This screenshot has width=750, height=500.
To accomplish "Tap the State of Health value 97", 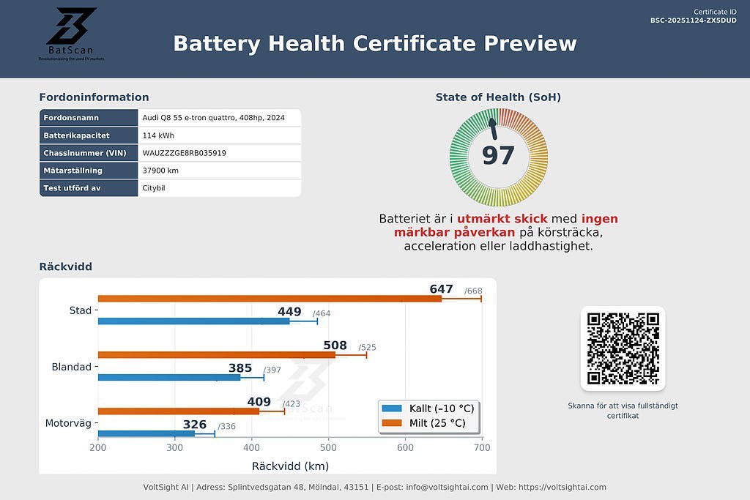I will click(498, 155).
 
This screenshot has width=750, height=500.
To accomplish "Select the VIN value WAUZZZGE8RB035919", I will click(184, 153).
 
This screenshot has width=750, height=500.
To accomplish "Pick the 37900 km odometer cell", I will click(160, 171).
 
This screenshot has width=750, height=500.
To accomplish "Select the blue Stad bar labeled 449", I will click(193, 321).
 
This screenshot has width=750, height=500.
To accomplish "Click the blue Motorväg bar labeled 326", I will click(146, 433).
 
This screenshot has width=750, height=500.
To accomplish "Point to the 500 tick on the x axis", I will click(328, 448).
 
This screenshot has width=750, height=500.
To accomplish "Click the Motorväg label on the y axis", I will click(68, 423).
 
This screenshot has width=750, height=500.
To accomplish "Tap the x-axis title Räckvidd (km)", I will click(290, 466).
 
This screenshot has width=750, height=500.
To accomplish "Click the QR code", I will click(623, 348).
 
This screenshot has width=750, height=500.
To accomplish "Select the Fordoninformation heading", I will click(94, 97).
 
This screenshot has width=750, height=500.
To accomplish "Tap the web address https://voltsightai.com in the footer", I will click(562, 488).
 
